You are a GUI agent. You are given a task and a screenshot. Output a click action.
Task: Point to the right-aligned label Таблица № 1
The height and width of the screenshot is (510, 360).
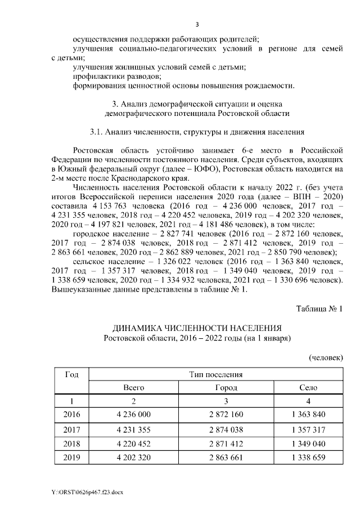(319, 308)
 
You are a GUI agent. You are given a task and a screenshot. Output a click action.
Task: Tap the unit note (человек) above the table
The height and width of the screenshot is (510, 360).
(326, 357)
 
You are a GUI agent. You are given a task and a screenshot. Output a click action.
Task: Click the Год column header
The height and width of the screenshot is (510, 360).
(71, 375)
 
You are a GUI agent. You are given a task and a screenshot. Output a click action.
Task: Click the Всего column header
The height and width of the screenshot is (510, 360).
(134, 388)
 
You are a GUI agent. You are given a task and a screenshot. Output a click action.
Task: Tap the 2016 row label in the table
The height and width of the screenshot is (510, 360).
(73, 415)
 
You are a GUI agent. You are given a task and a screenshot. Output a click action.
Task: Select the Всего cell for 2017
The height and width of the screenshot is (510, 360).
(134, 430)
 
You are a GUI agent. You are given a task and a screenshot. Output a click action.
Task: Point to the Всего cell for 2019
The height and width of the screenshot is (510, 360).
(134, 458)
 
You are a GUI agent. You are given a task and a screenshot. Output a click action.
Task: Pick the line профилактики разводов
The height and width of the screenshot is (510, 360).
(117, 76)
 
